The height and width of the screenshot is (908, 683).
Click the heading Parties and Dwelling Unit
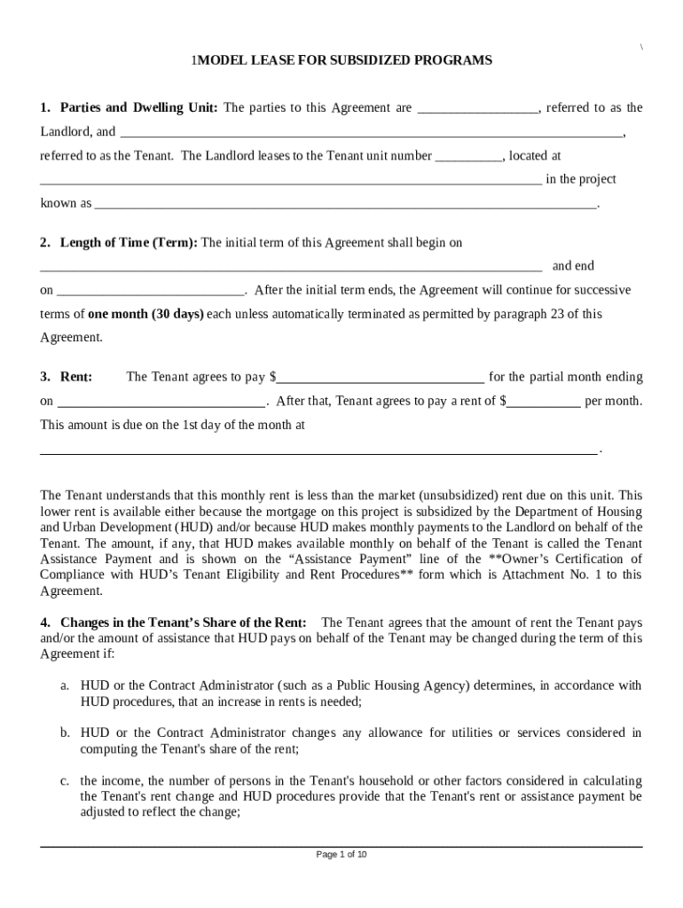tap(138, 108)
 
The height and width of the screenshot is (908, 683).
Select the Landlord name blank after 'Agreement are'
tap(477, 109)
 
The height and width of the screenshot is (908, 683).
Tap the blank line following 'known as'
tap(346, 204)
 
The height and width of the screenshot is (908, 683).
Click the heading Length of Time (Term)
tap(130, 242)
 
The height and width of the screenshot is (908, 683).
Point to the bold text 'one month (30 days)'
tap(145, 314)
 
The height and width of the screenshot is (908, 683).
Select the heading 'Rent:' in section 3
tap(76, 377)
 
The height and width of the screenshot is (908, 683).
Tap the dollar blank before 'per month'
tap(544, 402)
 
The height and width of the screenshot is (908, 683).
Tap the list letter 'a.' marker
tap(65, 685)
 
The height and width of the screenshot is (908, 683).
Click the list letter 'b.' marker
tap(65, 732)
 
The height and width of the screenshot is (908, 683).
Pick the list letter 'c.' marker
tap(65, 780)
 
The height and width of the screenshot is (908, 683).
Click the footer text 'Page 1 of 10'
tap(341, 855)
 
